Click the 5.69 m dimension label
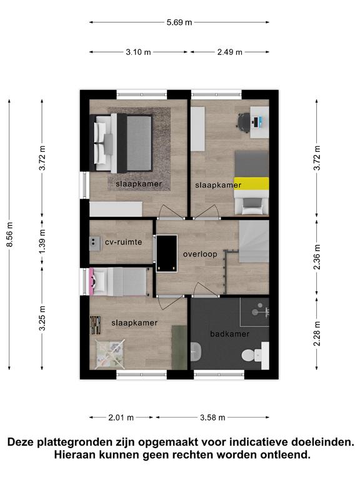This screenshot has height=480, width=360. click(179, 22)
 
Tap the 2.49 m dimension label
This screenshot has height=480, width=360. click(229, 52)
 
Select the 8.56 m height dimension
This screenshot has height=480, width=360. click(10, 234)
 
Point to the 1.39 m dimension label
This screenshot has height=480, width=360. click(42, 241)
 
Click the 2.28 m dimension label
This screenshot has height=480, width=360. click(317, 334)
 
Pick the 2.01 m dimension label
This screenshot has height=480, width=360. click(121, 417)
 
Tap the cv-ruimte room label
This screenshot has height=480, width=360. click(123, 242)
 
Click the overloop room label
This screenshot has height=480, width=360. click(200, 254)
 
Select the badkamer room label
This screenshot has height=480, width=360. click(229, 334)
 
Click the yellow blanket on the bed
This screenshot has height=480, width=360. click(251, 183)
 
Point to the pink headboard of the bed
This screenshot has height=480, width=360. click(91, 282)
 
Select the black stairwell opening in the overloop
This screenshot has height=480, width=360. click(167, 253)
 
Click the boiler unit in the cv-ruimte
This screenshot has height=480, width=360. click(95, 244)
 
